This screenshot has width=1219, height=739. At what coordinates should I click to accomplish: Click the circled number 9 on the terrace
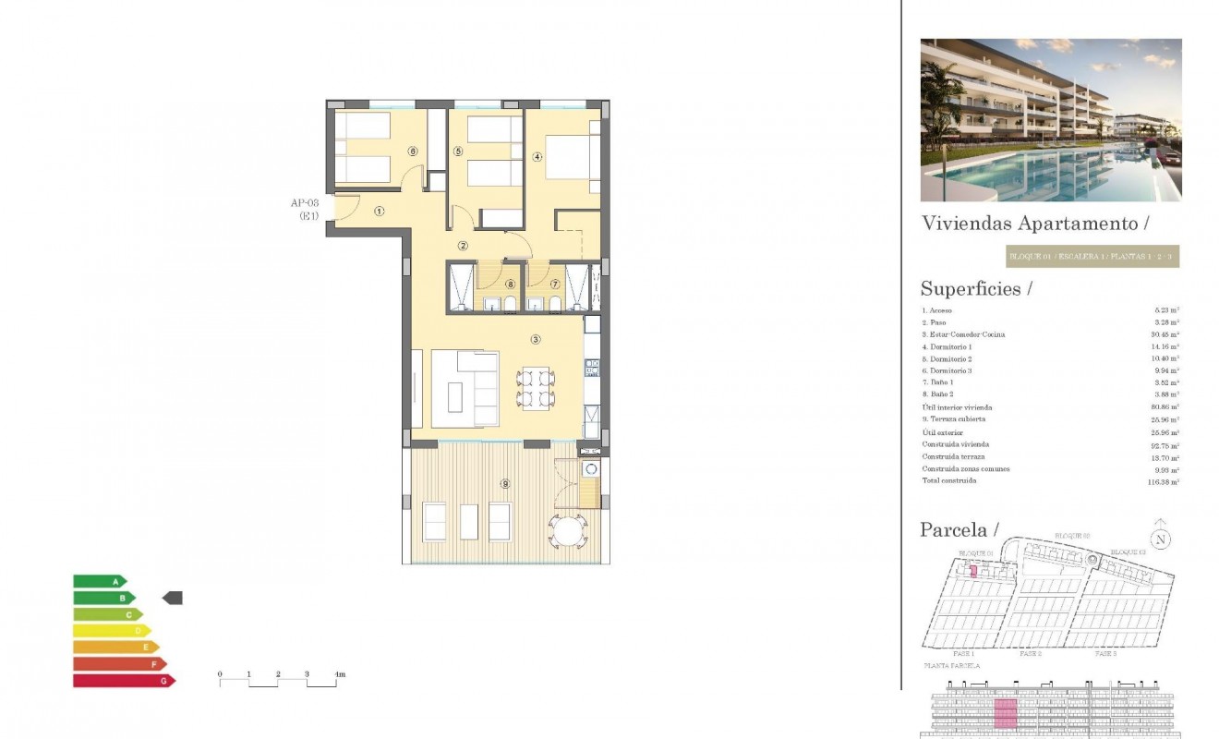(x=505, y=483)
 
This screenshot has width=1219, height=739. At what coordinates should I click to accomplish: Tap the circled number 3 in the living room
(x=535, y=340)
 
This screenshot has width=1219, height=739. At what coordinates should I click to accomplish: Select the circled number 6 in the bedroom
(x=412, y=151)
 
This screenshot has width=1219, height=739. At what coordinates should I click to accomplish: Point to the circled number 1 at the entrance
(x=379, y=211)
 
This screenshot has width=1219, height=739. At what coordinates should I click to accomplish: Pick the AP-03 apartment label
(x=305, y=202)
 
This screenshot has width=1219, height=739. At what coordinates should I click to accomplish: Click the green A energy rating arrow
(x=99, y=581)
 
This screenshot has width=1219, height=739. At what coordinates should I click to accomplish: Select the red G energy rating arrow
(x=123, y=681)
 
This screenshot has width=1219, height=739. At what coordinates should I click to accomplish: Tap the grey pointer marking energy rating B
(x=173, y=598)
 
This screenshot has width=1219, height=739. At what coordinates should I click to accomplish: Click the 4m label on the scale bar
(x=339, y=675)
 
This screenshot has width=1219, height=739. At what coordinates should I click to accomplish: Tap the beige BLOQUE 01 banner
(x=1092, y=256)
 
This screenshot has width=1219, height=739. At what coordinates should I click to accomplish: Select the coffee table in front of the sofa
(x=456, y=397)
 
